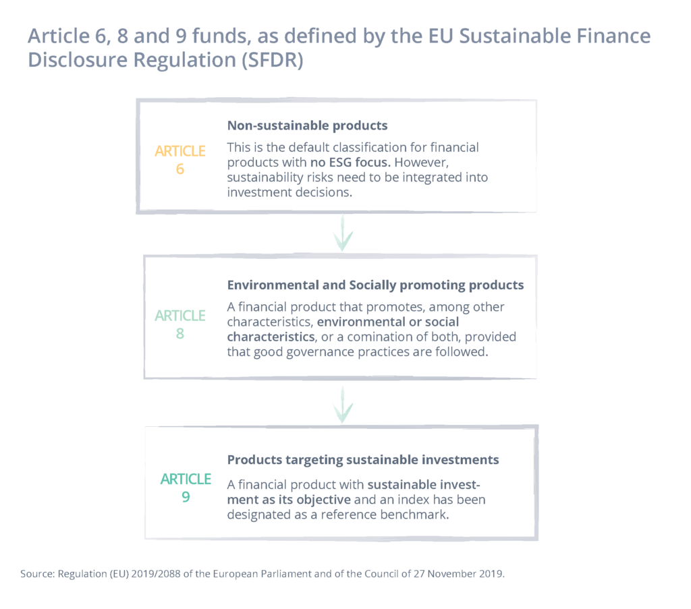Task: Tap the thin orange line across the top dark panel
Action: [x=405, y=154]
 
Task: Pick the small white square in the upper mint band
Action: [x=336, y=237]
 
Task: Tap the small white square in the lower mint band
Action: [x=336, y=409]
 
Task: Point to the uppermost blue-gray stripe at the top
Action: [x=345, y=37]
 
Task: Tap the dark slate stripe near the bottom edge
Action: [x=345, y=575]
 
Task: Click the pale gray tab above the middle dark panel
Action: [x=358, y=267]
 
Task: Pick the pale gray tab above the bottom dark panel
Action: [x=310, y=440]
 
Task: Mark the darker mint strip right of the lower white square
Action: [x=520, y=409]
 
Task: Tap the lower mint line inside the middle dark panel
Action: [x=270, y=328]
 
